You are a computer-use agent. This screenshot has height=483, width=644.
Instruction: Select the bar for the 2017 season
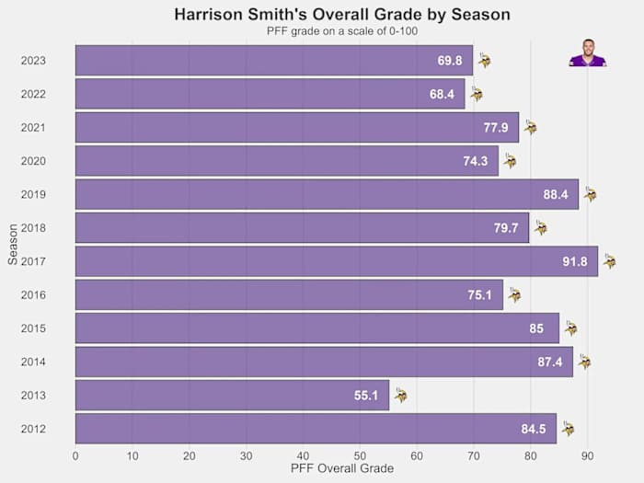(x=337, y=261)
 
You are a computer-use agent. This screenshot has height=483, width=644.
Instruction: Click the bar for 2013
(x=232, y=396)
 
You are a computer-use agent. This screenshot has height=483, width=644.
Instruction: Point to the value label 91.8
(x=575, y=262)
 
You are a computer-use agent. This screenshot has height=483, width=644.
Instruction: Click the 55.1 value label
(x=366, y=396)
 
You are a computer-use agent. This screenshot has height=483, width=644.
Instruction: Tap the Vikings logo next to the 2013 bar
(x=400, y=396)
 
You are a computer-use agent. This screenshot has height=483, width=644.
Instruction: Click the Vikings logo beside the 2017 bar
(x=609, y=261)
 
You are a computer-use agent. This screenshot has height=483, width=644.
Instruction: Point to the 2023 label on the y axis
(x=34, y=61)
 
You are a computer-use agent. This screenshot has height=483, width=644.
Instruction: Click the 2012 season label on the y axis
(x=34, y=429)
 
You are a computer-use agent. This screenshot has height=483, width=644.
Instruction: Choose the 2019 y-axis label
(x=34, y=194)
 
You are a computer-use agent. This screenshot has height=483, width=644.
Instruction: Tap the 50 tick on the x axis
(x=360, y=454)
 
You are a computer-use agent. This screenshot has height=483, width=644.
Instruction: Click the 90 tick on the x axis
(x=587, y=454)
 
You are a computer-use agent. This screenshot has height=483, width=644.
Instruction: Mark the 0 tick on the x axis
(x=75, y=454)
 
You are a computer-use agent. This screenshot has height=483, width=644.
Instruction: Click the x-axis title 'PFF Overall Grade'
(x=342, y=469)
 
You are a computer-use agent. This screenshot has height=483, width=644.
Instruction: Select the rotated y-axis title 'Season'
(x=12, y=245)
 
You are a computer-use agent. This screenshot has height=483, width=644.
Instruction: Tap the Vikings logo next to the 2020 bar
(x=510, y=161)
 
